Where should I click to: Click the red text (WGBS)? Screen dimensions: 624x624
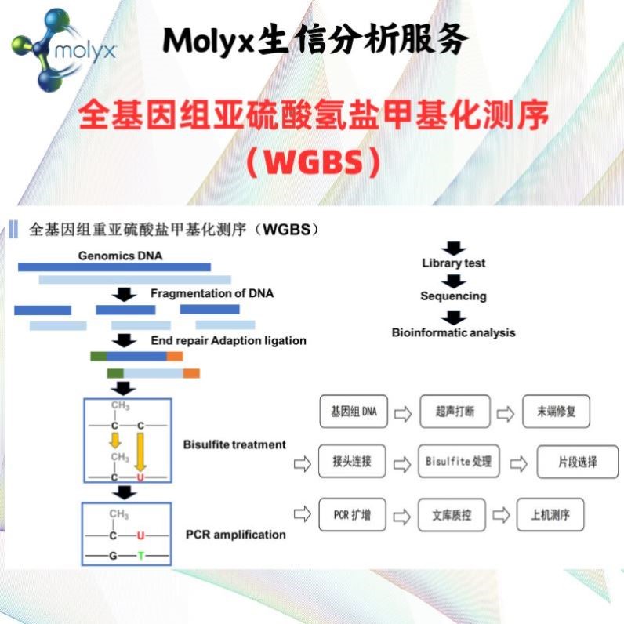pos(312,162)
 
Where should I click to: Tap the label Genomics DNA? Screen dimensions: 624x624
pos(120,256)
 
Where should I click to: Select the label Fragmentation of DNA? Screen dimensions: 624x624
pos(212,294)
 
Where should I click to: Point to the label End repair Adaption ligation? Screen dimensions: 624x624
pos(228,341)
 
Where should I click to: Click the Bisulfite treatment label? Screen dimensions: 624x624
pos(234,444)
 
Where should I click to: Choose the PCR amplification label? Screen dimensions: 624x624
pos(235,535)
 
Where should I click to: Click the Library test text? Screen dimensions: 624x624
pos(453,263)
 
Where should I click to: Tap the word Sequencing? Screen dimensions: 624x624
pos(453,296)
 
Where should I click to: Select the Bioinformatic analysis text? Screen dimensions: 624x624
pos(453,332)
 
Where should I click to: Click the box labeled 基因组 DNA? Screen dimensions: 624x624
pos(354,412)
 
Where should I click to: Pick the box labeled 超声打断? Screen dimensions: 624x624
pos(455,412)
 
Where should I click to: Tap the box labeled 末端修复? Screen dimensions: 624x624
pos(556,412)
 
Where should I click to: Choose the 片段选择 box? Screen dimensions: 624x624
pos(577,462)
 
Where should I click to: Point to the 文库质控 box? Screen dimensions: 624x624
pos(454,515)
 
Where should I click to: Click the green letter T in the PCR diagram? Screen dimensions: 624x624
pos(141,556)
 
